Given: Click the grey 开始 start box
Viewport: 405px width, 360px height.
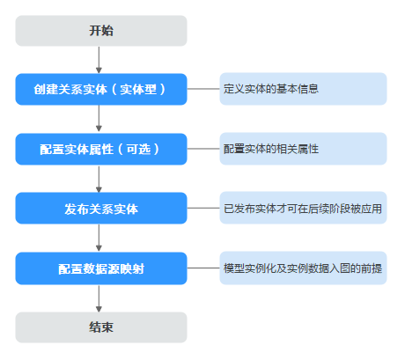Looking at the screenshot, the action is click(101, 31).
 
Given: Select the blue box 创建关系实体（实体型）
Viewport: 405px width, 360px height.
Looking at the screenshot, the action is click(101, 89).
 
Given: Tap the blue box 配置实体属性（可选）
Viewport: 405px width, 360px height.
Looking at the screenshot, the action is click(101, 149).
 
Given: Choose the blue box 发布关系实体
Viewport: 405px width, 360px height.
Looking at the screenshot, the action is click(101, 209).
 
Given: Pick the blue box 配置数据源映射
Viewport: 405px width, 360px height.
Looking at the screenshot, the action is click(101, 268).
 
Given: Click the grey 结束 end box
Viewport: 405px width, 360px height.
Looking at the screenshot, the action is click(101, 327).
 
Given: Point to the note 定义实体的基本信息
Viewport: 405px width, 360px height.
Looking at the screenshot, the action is click(303, 89).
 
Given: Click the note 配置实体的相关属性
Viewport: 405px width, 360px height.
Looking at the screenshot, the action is click(303, 149).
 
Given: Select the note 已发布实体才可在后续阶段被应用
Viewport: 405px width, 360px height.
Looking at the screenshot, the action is click(303, 208).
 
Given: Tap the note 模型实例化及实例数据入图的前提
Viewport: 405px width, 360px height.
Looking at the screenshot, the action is click(303, 268).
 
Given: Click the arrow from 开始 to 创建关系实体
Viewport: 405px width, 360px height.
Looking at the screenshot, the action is click(99, 60).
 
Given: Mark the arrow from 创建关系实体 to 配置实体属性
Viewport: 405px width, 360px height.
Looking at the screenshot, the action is click(99, 118).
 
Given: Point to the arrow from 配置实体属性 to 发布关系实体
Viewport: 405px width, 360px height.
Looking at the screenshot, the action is click(99, 179).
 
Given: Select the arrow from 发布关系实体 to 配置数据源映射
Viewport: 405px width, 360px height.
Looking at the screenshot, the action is click(99, 238).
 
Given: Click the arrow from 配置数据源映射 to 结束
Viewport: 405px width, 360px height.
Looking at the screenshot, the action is click(99, 298).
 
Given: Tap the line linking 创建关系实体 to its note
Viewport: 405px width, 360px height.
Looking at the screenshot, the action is click(203, 89).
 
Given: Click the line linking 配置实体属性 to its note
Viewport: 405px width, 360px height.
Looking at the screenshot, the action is click(203, 149).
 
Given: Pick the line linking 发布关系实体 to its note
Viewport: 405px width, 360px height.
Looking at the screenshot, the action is click(203, 208).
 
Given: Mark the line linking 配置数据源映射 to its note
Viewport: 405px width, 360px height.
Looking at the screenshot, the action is click(203, 268).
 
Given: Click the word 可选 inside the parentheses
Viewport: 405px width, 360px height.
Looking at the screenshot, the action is click(138, 149).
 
